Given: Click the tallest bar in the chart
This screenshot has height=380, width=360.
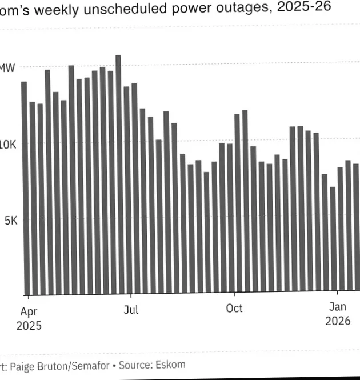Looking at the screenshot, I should pos(118,171).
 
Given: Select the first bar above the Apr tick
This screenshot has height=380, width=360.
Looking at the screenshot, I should pos(24,189).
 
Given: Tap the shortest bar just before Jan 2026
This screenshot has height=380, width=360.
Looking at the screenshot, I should pos(333,240).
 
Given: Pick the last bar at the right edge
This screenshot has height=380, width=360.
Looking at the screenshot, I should pos(355,229).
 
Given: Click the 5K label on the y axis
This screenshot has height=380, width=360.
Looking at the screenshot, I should pos(11,220).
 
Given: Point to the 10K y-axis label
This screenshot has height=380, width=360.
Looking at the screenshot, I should pos(9,144).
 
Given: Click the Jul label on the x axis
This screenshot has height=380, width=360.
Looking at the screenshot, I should pos(131,310).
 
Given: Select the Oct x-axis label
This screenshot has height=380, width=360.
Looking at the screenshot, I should pos(234,309).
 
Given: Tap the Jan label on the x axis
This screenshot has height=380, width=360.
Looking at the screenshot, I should pos(338,307).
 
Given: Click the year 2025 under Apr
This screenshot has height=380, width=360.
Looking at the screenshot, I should pos(29,326).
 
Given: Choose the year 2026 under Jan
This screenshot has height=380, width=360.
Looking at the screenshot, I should pos(338,321).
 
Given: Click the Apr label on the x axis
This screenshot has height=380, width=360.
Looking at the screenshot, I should pos(29,311).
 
